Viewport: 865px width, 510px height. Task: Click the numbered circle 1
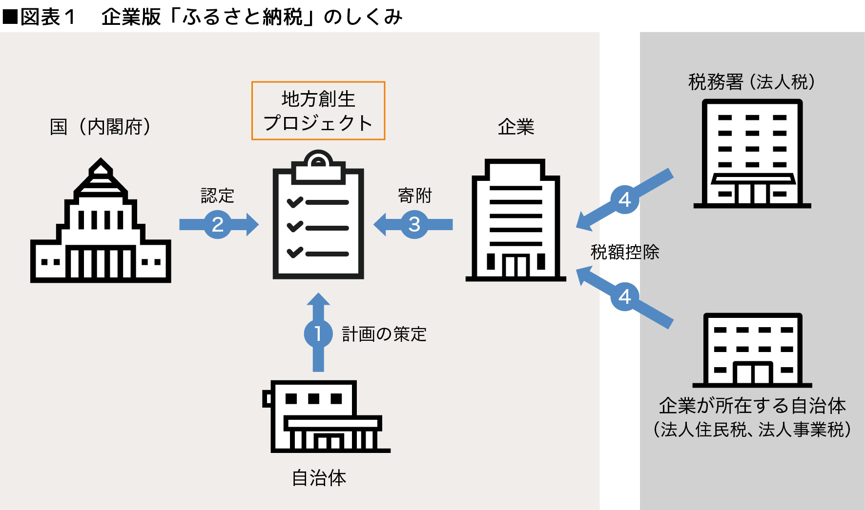coord(318,333)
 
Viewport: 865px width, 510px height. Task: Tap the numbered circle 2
coord(218,224)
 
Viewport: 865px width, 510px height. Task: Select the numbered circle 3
coord(414,224)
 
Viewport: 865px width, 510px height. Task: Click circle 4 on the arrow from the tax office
coord(624,199)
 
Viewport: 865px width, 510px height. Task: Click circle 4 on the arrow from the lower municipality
coord(624,296)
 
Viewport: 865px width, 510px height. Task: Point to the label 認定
coord(218,196)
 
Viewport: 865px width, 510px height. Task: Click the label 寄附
coord(415,195)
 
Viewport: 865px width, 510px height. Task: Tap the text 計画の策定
coord(384,334)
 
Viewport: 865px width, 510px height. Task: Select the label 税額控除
coord(624,252)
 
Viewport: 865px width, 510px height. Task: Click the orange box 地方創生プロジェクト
coord(318,111)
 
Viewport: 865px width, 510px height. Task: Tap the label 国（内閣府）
coord(101,126)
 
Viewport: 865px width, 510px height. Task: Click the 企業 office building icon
coord(516,222)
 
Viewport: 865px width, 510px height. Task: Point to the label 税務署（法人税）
coord(752,81)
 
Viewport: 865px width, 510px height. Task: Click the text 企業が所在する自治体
coord(752,405)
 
